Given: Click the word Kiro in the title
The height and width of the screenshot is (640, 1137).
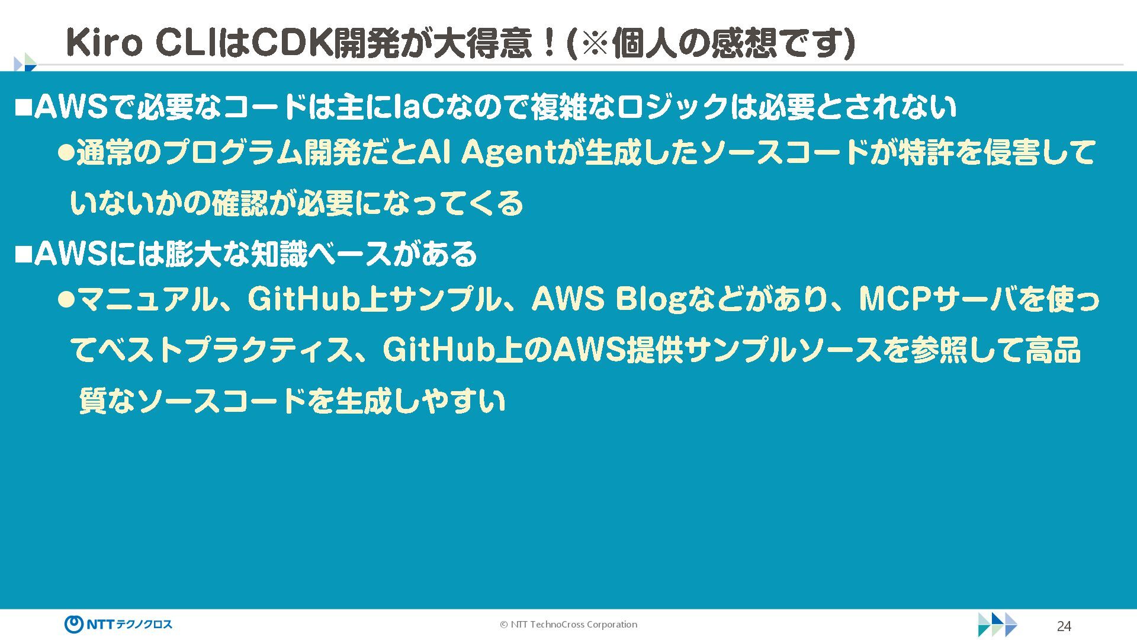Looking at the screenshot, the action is pos(104,43).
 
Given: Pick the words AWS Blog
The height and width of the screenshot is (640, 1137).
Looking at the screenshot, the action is pos(608,299).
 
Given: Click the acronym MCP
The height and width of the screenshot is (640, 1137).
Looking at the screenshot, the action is pos(887,299).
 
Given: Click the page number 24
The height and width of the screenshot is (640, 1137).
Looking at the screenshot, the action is pos(1064,626).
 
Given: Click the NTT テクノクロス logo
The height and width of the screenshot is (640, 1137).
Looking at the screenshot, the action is pos(118,624).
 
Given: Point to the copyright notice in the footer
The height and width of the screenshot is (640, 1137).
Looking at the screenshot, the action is pos(568,625).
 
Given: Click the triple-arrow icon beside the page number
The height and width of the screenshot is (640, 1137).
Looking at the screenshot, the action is pos(997,625).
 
